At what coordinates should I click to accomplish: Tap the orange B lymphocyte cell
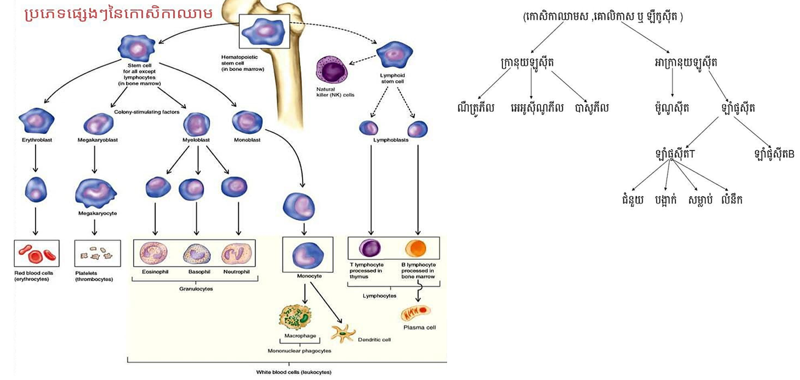coord(416,249)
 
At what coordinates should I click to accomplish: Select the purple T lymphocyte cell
coord(369,248)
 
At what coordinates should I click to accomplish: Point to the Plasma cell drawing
coord(415,313)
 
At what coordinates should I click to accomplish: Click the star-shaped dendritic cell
coord(343,333)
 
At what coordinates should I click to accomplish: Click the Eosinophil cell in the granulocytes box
coord(154,254)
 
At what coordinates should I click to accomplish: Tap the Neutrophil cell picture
coord(237,254)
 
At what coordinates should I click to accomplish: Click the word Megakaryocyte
coord(97,213)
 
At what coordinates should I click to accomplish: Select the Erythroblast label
coord(37,140)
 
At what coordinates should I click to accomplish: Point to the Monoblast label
coord(247,140)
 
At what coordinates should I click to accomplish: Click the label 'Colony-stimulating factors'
coord(146,112)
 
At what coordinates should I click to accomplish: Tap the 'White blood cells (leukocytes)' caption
coord(293,372)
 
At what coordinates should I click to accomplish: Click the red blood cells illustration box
coord(37,253)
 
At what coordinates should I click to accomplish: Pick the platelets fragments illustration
coord(97,253)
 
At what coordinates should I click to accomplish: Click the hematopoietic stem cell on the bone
coord(264,31)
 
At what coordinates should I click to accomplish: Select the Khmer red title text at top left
coord(118,14)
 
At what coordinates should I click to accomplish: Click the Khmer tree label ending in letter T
coord(675,154)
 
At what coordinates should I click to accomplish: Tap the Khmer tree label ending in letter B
coord(773,154)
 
